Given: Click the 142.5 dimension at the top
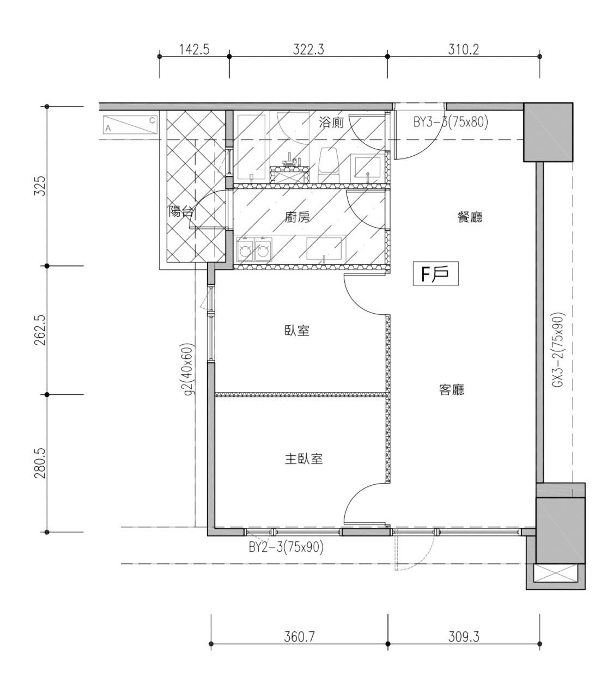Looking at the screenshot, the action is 194,50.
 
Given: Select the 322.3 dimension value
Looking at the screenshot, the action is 308,50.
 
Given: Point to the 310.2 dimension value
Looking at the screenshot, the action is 464,50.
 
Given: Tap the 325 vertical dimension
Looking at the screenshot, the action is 40,186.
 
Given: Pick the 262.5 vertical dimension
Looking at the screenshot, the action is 40,330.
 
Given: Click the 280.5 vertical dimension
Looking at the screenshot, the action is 40,463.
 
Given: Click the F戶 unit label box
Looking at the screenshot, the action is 435,274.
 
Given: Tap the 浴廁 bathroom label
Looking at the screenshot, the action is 331,123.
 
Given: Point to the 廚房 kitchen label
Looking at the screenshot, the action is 298,217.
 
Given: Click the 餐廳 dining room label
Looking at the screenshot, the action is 470,217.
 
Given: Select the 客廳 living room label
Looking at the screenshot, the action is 452,389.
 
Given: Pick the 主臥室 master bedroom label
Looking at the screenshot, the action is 304,459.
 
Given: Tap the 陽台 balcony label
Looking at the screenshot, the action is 181,212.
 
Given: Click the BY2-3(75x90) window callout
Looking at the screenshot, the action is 286,547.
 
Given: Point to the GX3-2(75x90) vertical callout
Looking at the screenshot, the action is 559,350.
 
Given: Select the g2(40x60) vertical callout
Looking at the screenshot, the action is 190,369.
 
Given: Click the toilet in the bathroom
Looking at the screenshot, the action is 329,166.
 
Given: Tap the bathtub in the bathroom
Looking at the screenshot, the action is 251,148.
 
